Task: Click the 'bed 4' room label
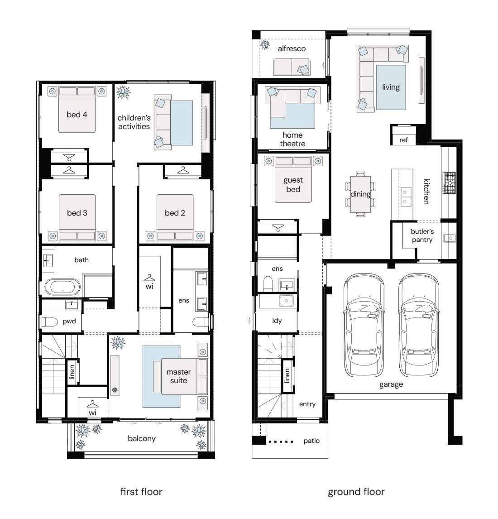pos(77,115)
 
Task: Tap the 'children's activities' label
pos(134,122)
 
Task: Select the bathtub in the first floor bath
pos(62,288)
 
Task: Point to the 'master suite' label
pos(178,376)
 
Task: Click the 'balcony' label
pos(142,438)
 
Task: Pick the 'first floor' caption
pos(141,491)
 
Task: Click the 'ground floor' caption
pos(356,491)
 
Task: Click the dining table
pos(361,194)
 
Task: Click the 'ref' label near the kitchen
pos(403,140)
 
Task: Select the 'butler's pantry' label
pos(422,235)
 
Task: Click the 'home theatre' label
pos(292,139)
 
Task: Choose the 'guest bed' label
pos(293,184)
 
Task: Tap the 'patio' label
pos(311,441)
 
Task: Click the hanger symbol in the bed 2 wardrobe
pos(183,170)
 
